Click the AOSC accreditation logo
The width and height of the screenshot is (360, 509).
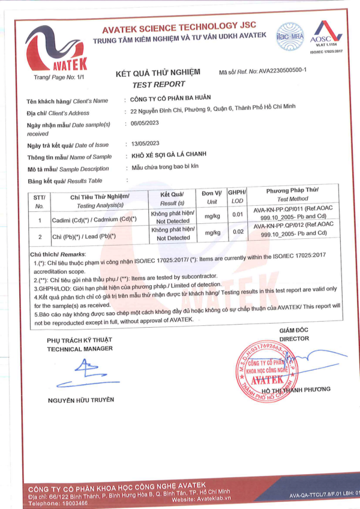pyautogui.click(x=328, y=35)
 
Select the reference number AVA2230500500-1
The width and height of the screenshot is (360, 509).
pyautogui.click(x=283, y=71)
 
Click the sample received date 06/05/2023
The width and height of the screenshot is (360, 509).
pyautogui.click(x=146, y=124)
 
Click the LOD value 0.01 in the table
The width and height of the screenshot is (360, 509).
pyautogui.click(x=237, y=214)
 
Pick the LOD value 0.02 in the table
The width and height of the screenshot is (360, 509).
pyautogui.click(x=237, y=232)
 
